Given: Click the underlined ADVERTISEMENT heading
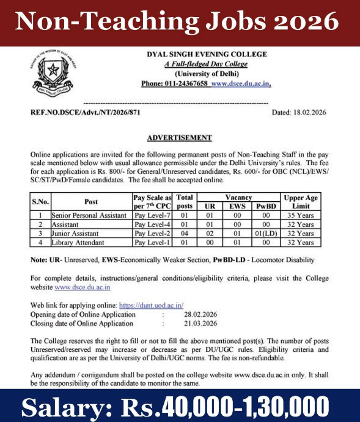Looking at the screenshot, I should pyautogui.click(x=180, y=138).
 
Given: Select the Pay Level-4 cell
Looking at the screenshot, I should pyautogui.click(x=152, y=224).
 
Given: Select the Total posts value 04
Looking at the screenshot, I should pyautogui.click(x=184, y=234).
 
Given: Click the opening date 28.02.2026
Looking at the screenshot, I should pyautogui.click(x=197, y=314).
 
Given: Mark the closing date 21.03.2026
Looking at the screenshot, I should pyautogui.click(x=197, y=323).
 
